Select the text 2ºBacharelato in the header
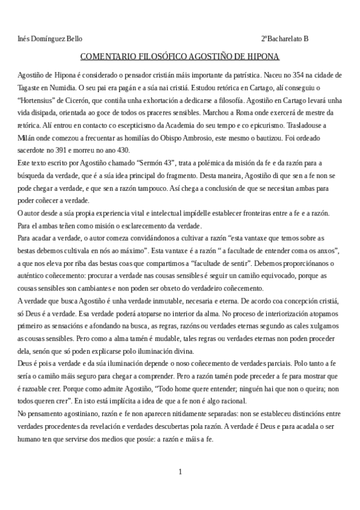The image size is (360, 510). tap(282, 39)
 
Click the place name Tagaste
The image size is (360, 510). tap(29, 87)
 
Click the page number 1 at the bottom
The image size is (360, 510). tap(180, 472)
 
